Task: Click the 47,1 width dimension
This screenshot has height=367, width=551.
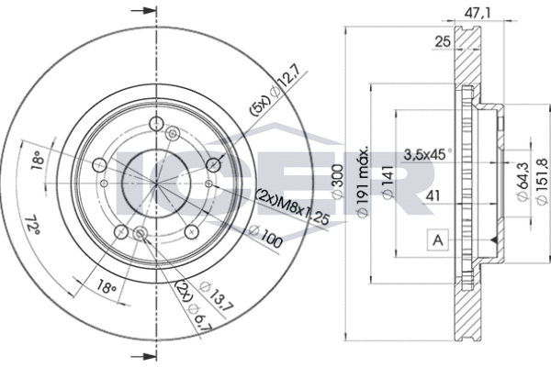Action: tap(478, 14)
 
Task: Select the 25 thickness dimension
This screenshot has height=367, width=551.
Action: tap(443, 42)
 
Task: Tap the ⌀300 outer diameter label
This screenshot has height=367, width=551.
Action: tap(338, 182)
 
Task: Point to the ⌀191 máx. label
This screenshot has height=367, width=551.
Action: tap(363, 182)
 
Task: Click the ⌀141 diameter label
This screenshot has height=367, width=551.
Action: tap(388, 182)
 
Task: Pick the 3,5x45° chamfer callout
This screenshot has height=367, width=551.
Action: tap(428, 154)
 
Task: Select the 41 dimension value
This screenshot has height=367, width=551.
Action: tap(433, 195)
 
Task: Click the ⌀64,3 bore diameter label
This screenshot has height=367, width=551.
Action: tap(523, 182)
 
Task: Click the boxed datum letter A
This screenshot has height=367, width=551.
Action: tap(437, 240)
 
